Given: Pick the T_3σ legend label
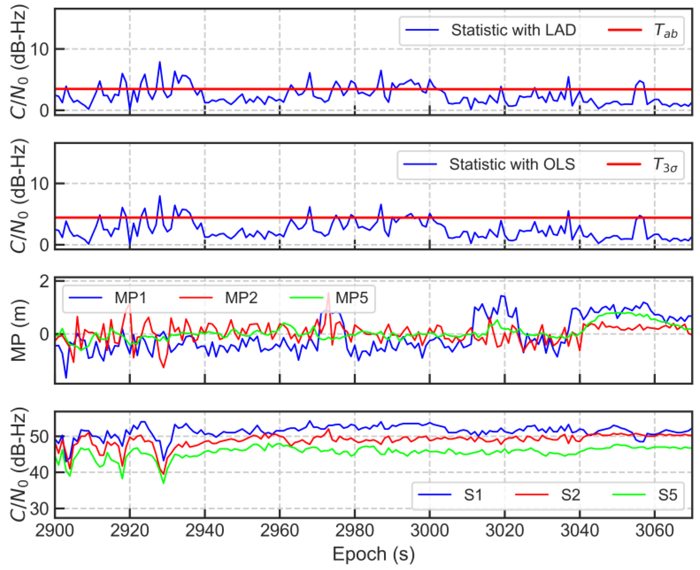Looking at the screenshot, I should (x=665, y=165).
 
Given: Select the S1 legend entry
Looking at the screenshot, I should (x=473, y=495).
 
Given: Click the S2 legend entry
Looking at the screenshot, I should (x=570, y=495).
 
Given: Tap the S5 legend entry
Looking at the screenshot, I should (x=668, y=495).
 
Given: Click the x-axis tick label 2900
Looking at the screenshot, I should (x=55, y=531).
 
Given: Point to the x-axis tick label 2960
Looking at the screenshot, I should (x=280, y=531).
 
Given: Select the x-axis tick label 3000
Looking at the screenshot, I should (x=430, y=531).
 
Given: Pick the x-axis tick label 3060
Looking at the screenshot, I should (x=654, y=531).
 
